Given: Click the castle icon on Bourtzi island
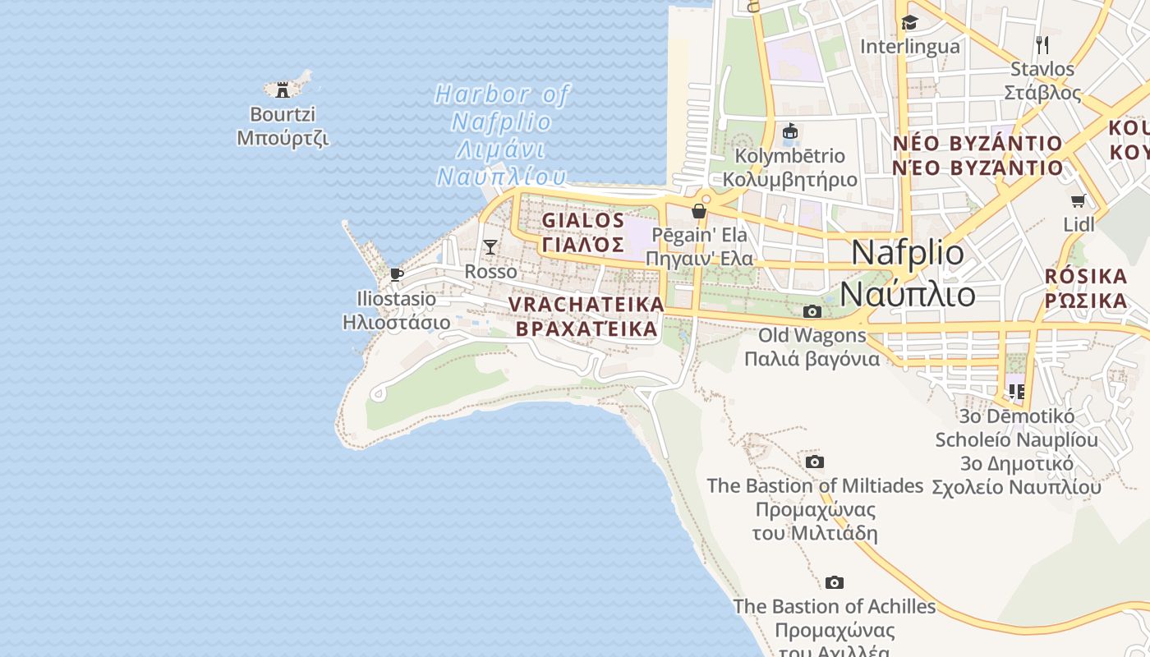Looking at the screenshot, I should [283, 90].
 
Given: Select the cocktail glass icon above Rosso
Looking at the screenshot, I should [490, 246].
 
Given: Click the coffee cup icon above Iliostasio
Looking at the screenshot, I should [397, 274].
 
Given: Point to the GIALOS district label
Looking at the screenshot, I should [583, 221].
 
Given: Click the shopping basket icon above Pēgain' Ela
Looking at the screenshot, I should [699, 211].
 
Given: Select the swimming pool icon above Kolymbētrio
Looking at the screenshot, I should [790, 131].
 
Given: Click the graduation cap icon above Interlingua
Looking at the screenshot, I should [909, 22].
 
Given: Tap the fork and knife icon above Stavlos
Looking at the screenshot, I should [1042, 44].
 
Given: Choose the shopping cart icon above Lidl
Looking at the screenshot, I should [1079, 201].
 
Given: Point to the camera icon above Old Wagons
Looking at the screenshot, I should [812, 311].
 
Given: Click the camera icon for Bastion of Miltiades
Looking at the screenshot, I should [815, 462].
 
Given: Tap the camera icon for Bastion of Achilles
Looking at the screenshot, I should [835, 582].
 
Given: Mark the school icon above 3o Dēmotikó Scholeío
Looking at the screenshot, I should [1017, 392].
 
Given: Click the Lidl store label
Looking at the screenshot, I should [1079, 224].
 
